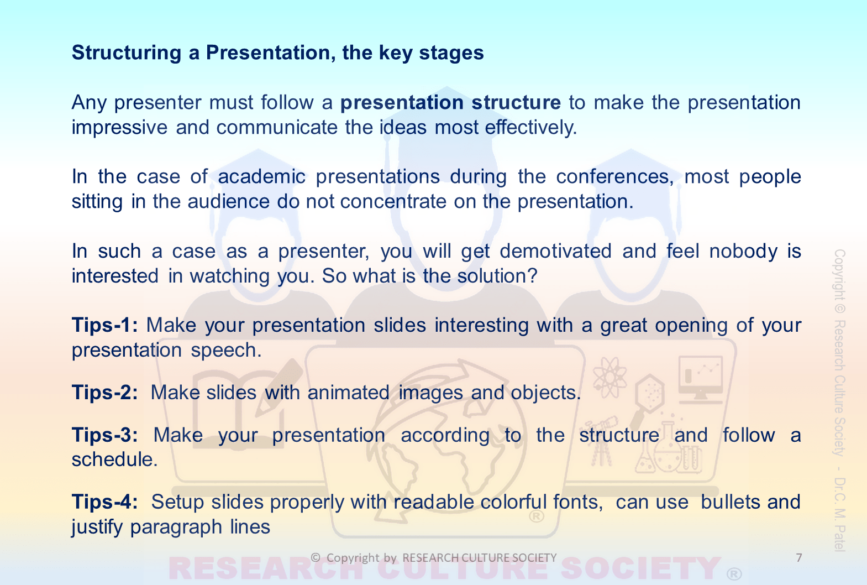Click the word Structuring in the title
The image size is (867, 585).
127,53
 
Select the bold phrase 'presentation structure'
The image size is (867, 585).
450,103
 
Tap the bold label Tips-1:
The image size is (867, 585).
105,325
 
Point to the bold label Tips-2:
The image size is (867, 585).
105,392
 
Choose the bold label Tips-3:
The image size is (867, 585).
105,435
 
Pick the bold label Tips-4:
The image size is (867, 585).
105,502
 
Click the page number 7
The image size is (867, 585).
799,557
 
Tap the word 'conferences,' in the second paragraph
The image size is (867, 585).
615,177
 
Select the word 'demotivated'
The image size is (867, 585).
555,251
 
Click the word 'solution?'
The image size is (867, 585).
497,276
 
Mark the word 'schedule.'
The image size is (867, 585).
115,459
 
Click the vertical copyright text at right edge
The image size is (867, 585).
839,400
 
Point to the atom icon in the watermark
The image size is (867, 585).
609,377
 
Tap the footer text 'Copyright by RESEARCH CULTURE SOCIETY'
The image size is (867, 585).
433,557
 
